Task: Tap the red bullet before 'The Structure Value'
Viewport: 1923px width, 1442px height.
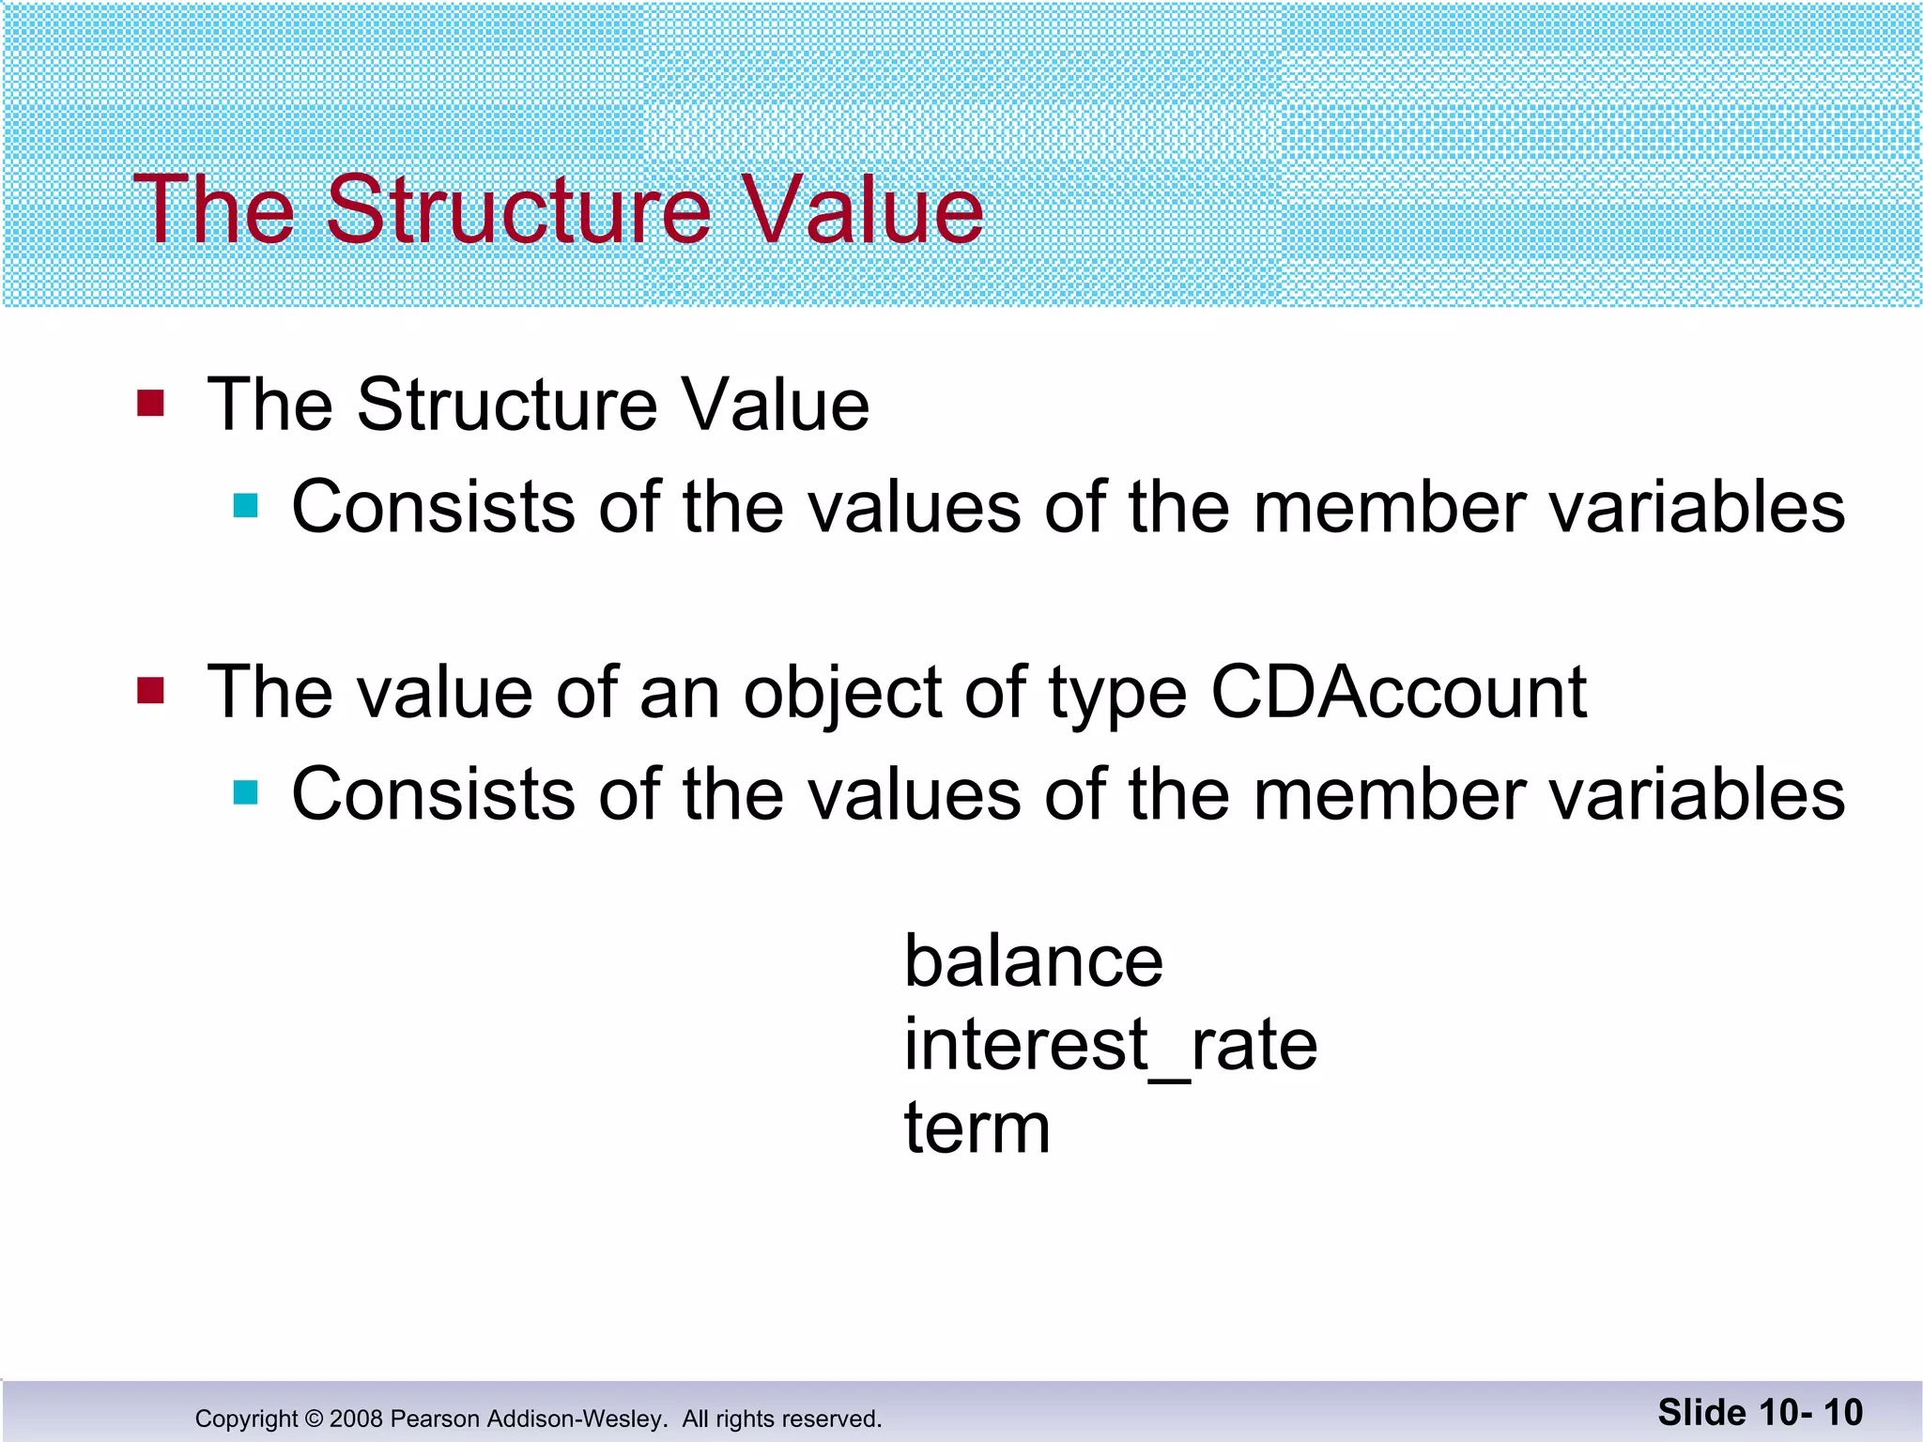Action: [150, 404]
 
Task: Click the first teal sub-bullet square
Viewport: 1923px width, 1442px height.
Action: [246, 506]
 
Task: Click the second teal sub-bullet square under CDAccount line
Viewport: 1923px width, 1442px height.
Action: [246, 793]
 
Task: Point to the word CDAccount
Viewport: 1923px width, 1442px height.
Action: [1398, 693]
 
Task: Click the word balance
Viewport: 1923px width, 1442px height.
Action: [1033, 961]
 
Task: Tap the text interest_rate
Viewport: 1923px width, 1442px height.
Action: [1111, 1045]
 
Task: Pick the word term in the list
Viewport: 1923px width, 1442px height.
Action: [977, 1128]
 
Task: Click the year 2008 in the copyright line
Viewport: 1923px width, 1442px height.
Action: [356, 1419]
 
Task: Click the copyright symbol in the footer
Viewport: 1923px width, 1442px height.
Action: [314, 1419]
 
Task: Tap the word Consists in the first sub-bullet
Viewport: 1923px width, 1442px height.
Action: [433, 507]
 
